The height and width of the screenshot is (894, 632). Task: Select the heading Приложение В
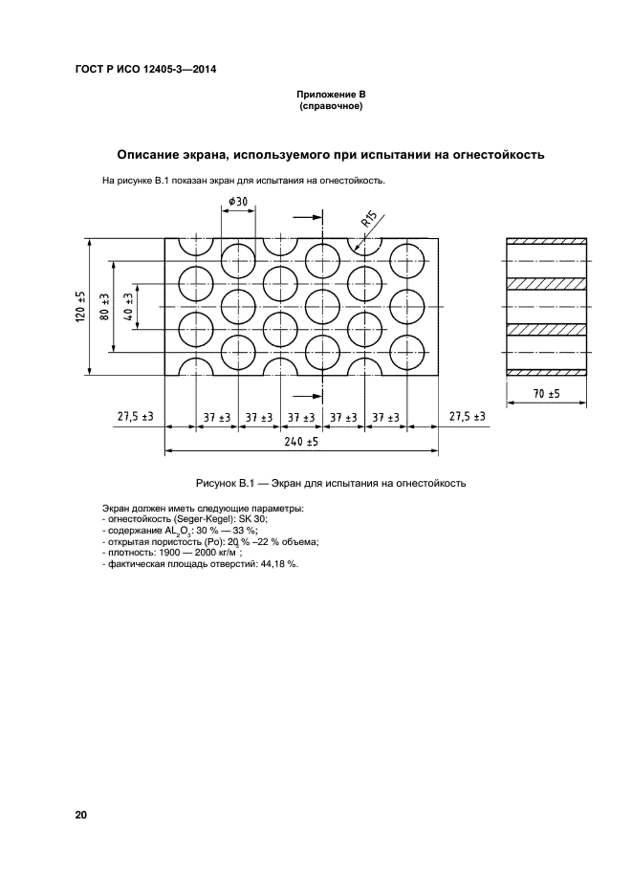pyautogui.click(x=331, y=96)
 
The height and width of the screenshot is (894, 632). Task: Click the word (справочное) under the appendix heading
pyautogui.click(x=331, y=107)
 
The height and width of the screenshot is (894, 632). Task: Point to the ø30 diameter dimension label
pyautogui.click(x=237, y=201)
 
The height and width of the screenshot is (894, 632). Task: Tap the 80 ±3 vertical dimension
pyautogui.click(x=104, y=308)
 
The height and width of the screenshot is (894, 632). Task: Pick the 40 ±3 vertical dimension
pyautogui.click(x=127, y=308)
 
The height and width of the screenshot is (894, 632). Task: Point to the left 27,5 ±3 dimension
pyautogui.click(x=136, y=417)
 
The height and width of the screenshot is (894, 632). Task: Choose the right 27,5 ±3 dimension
pyautogui.click(x=466, y=417)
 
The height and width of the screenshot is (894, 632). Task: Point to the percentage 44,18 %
pyautogui.click(x=279, y=564)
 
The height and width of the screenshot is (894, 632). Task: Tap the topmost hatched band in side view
pyautogui.click(x=546, y=240)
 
